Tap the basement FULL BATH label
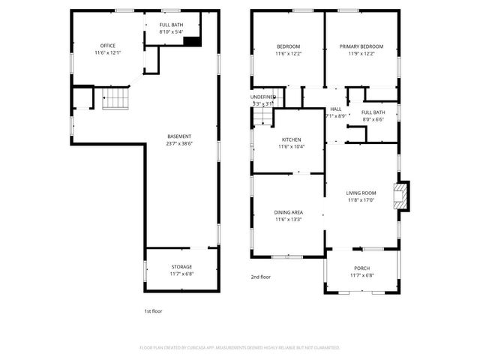(x=171, y=25)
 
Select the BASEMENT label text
(x=179, y=136)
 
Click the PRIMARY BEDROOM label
(x=361, y=46)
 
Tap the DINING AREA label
(x=289, y=212)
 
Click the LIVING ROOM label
(x=361, y=193)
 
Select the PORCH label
(x=362, y=268)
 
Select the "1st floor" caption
(x=154, y=310)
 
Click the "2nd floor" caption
(x=260, y=277)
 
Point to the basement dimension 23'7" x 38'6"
(x=179, y=144)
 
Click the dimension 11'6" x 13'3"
(x=289, y=220)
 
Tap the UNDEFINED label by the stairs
(x=264, y=96)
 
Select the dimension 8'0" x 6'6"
(x=373, y=119)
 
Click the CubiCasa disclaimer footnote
(x=240, y=348)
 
